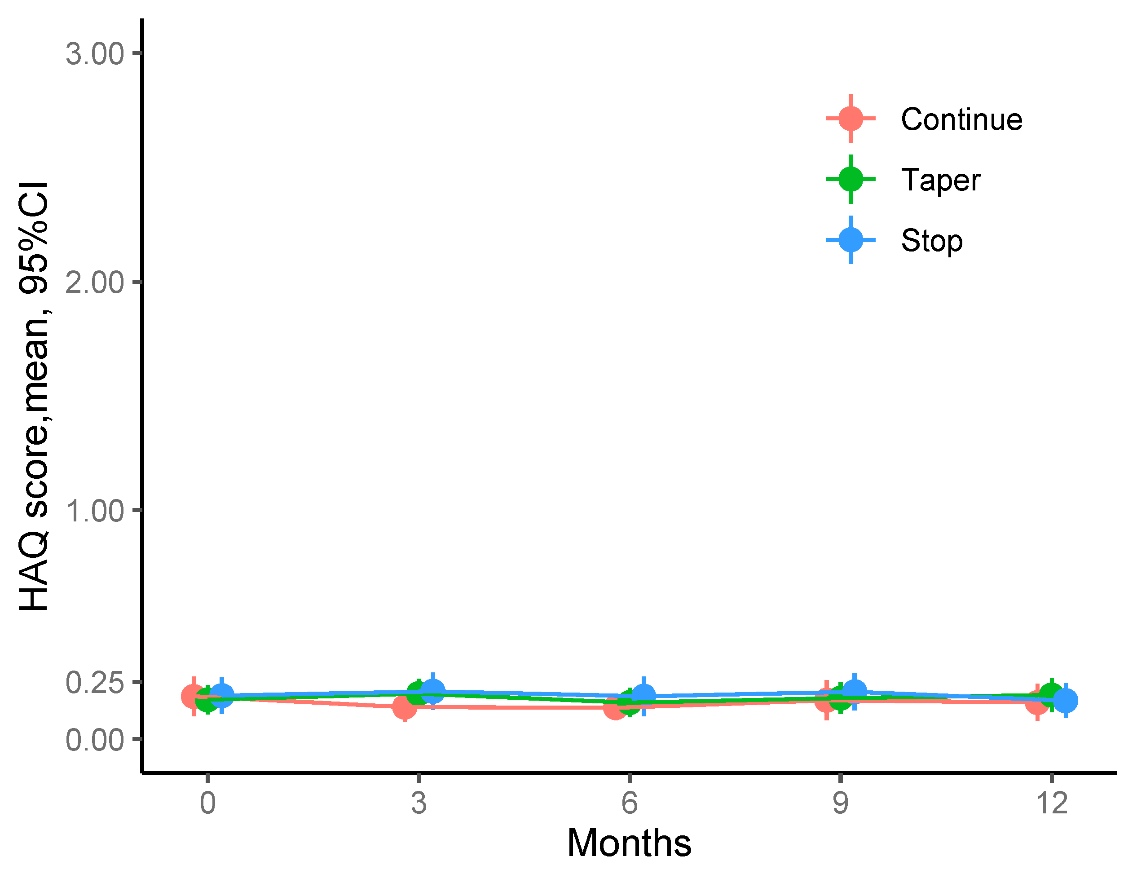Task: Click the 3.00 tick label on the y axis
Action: click(95, 54)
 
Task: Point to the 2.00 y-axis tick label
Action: click(95, 283)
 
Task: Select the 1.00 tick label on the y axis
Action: click(95, 511)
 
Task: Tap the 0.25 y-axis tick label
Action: click(95, 682)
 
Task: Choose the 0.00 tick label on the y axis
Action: click(95, 739)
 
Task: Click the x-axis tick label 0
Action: click(207, 803)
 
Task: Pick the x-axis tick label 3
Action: click(418, 803)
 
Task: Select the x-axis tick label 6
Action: click(630, 803)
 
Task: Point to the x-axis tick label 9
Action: click(840, 803)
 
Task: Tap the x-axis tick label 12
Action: click(1051, 803)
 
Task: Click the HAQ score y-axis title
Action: click(33, 397)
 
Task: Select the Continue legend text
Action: click(961, 119)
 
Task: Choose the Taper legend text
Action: click(940, 180)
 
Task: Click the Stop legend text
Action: click(931, 240)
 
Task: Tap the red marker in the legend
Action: click(851, 119)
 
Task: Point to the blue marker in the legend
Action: click(851, 240)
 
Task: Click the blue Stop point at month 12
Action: click(1065, 700)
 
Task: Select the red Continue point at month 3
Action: click(404, 706)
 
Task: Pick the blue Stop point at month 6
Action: click(643, 696)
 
